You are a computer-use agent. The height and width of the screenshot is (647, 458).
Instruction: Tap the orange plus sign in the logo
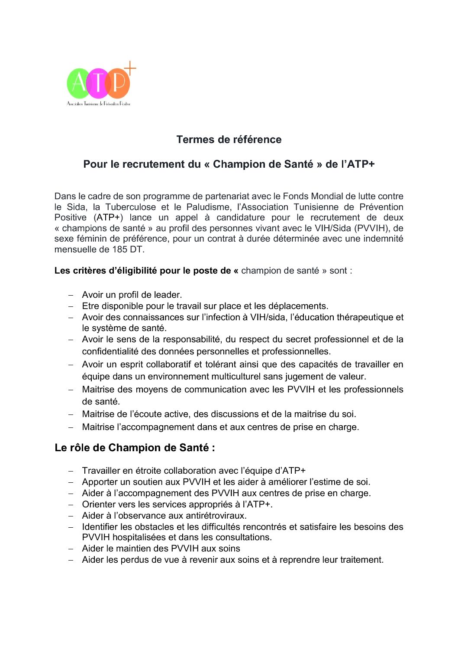click(130, 68)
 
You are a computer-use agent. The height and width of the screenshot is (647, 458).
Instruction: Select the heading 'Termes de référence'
click(229, 140)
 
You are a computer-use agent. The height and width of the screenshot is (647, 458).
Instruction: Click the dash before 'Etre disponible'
click(71, 306)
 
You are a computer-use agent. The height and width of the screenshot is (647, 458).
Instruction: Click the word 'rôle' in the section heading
click(80, 448)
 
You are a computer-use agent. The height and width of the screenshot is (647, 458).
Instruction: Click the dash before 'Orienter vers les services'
click(71, 505)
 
